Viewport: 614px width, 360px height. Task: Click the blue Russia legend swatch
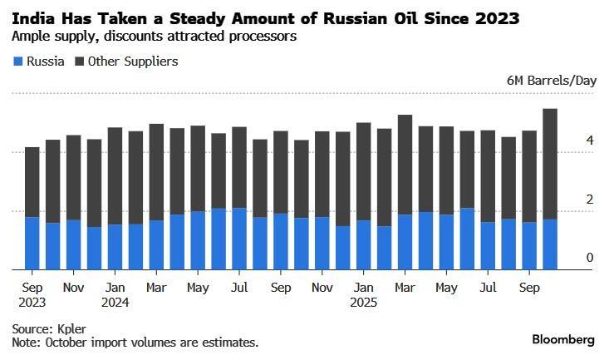click(17, 62)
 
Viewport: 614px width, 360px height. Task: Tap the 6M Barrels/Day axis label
click(551, 81)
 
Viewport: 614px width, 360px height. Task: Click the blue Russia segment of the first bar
click(32, 243)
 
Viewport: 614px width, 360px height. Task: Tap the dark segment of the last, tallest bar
click(549, 163)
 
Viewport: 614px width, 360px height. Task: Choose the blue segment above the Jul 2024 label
click(239, 238)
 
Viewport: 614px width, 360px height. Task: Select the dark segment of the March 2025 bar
click(405, 165)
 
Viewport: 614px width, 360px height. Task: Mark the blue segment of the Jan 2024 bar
click(115, 247)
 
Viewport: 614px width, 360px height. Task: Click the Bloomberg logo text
click(563, 340)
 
